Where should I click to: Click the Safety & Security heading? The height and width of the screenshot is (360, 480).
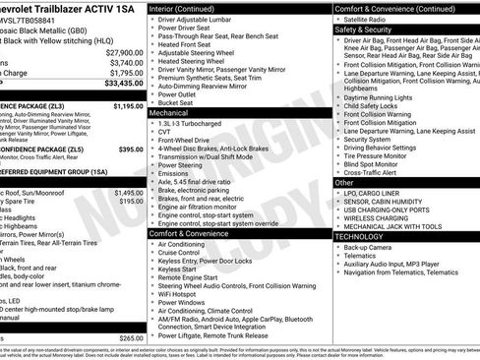tap(364, 30)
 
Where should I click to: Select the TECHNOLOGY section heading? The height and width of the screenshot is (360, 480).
tap(364, 237)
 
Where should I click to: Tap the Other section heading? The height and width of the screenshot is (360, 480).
tap(344, 183)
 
